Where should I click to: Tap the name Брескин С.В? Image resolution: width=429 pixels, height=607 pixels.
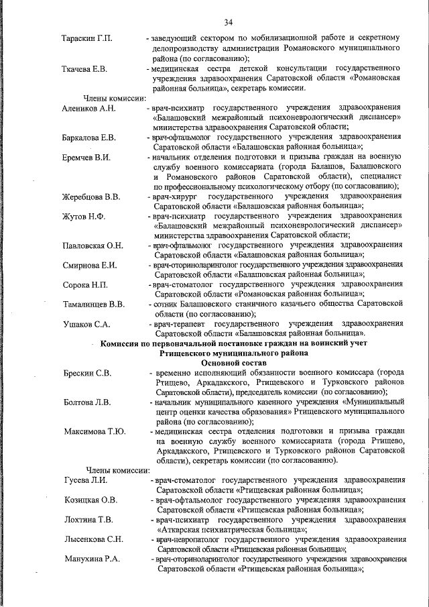tap(88, 372)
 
